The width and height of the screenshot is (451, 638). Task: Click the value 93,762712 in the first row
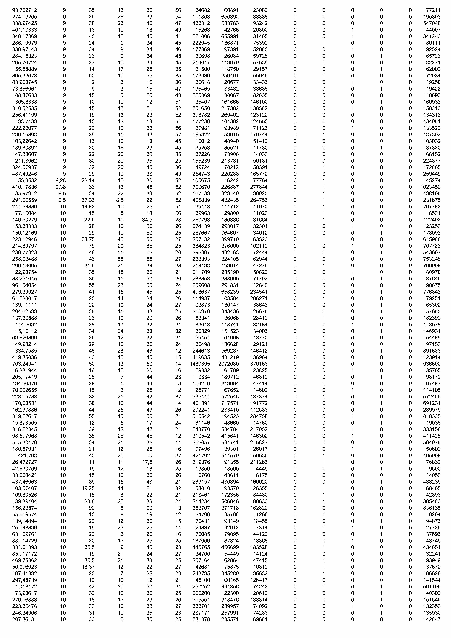24,10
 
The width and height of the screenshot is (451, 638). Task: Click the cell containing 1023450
430,187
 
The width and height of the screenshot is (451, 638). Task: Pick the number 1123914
430,357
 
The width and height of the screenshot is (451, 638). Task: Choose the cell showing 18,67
88,567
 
